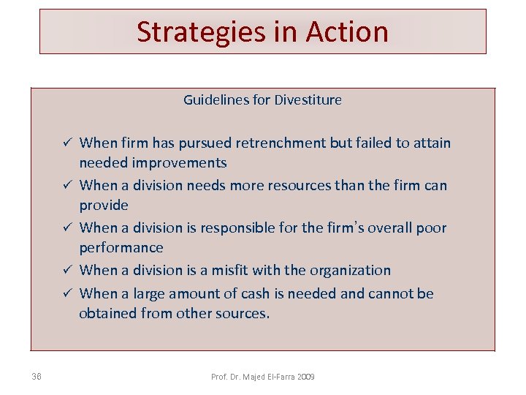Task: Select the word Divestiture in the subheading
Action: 308,100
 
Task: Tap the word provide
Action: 104,206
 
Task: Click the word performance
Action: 121,248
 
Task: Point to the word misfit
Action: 230,270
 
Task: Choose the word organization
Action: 350,270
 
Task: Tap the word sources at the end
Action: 243,314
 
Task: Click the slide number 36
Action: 37,377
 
